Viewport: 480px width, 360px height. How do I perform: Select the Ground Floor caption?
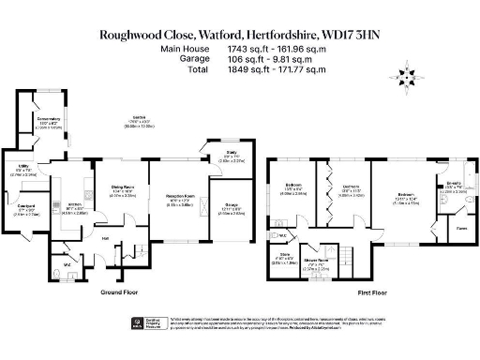[120, 292]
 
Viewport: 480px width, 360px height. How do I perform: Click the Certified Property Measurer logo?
[137, 322]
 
